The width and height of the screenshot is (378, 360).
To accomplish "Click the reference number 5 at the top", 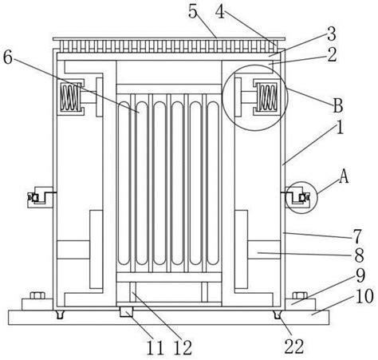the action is tap(193, 11).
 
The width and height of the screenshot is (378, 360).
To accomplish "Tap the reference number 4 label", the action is tap(220, 11).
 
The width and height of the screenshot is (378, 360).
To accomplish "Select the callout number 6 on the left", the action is tap(8, 57).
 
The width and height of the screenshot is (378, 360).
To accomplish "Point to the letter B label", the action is tap(338, 105).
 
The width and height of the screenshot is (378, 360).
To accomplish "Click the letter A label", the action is tap(344, 176).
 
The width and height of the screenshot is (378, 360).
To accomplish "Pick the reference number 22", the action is tap(294, 346).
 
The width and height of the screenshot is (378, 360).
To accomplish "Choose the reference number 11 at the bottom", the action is tap(156, 348).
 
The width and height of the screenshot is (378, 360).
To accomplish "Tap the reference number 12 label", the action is tap(183, 348).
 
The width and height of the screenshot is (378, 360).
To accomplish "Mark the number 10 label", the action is tap(364, 297).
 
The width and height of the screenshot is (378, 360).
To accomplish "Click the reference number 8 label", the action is tap(360, 255).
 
